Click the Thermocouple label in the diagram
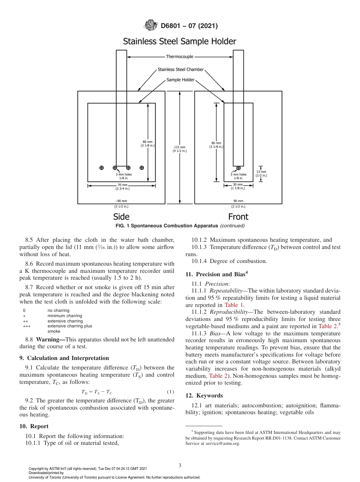(180, 57)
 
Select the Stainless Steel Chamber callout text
(181, 70)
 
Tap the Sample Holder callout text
(180, 80)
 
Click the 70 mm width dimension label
(122, 186)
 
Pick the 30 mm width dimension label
(238, 186)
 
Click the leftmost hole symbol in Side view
(101, 168)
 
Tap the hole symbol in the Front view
(238, 168)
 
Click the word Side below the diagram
(121, 217)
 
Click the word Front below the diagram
(238, 217)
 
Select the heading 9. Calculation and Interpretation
(64, 358)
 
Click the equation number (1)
(170, 391)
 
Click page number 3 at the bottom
(180, 465)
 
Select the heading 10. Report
(34, 426)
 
